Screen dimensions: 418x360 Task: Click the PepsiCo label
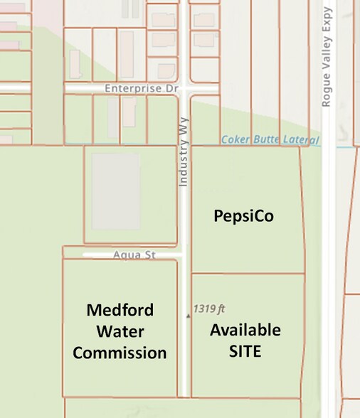coord(244,216)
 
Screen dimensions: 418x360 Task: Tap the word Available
coord(245,330)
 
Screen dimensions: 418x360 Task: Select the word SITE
coord(245,350)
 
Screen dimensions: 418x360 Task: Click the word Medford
coord(120,311)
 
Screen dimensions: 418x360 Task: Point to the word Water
coord(120,331)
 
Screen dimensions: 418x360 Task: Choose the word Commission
coord(120,352)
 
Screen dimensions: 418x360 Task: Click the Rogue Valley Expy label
coord(327,57)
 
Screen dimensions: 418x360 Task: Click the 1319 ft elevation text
coord(209,309)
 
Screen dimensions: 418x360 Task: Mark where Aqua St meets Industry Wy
coord(184,253)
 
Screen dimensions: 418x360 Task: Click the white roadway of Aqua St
coord(100,254)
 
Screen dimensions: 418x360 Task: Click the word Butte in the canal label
coord(263,139)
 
